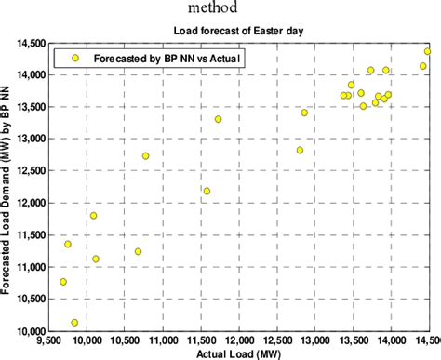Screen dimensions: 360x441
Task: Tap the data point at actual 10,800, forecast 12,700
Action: tap(146, 155)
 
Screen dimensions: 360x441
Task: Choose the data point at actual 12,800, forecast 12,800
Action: tap(300, 150)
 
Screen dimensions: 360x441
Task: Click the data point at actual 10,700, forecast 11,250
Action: tap(139, 251)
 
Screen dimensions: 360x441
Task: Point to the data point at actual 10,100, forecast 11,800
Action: tap(93, 215)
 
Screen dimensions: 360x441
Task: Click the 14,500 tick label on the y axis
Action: tap(30, 43)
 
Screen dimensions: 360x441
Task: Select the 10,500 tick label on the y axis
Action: tap(30, 299)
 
